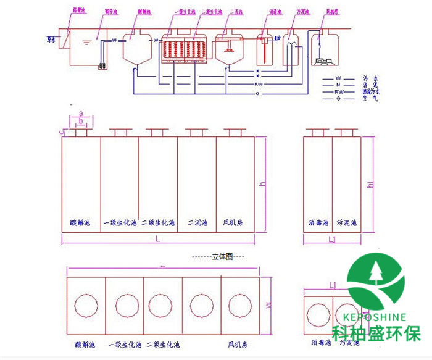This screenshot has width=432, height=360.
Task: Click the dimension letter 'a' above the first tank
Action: pos(80,114)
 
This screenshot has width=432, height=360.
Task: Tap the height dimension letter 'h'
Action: pos(263,184)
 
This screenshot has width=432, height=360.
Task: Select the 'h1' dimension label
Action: pos(370,184)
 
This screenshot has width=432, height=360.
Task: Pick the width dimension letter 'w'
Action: pos(268,304)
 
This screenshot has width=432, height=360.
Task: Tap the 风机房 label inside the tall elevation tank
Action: pos(235,222)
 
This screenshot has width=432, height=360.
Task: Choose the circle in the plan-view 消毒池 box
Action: pos(318,313)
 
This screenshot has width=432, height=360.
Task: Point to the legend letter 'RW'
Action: pos(338,91)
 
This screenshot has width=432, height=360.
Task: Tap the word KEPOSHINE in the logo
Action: pos(377,317)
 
